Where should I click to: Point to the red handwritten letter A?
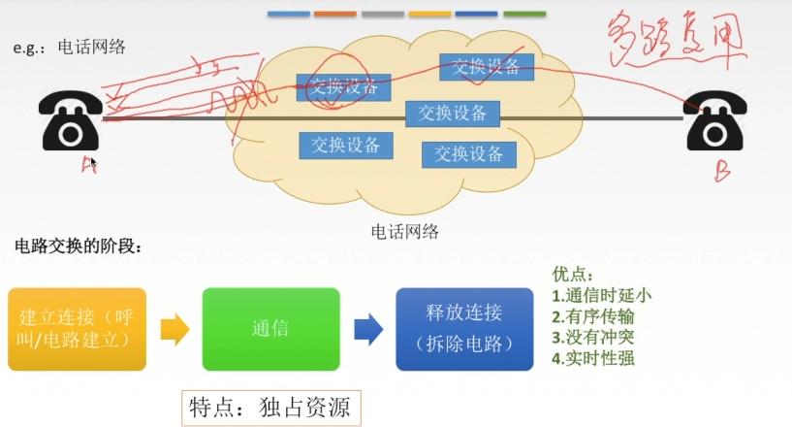coord(88,165)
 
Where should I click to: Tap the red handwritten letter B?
coord(722,172)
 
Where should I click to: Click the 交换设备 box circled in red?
coord(343,88)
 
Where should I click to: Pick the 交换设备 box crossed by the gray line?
coord(453,114)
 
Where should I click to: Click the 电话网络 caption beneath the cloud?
coord(405,232)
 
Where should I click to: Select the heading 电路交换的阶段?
coord(79,247)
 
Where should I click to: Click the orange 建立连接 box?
coord(77,329)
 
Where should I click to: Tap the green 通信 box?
coord(270,329)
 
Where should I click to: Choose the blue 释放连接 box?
coord(463,328)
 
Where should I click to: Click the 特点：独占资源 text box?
coord(271,408)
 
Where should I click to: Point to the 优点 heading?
coord(572,276)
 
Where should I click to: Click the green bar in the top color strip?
coord(523,15)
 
